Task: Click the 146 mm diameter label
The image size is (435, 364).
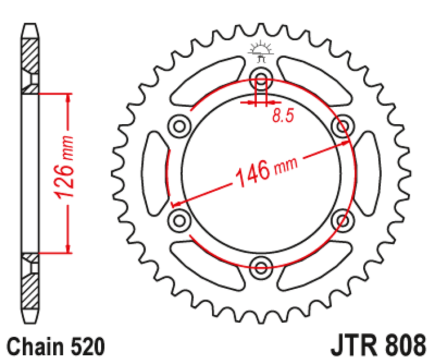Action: [x=265, y=170]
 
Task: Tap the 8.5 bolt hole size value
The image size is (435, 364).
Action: [x=283, y=116]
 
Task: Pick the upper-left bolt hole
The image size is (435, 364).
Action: [x=180, y=126]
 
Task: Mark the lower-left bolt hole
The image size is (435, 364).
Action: [x=180, y=220]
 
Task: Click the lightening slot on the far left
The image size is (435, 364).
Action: [x=154, y=172]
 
